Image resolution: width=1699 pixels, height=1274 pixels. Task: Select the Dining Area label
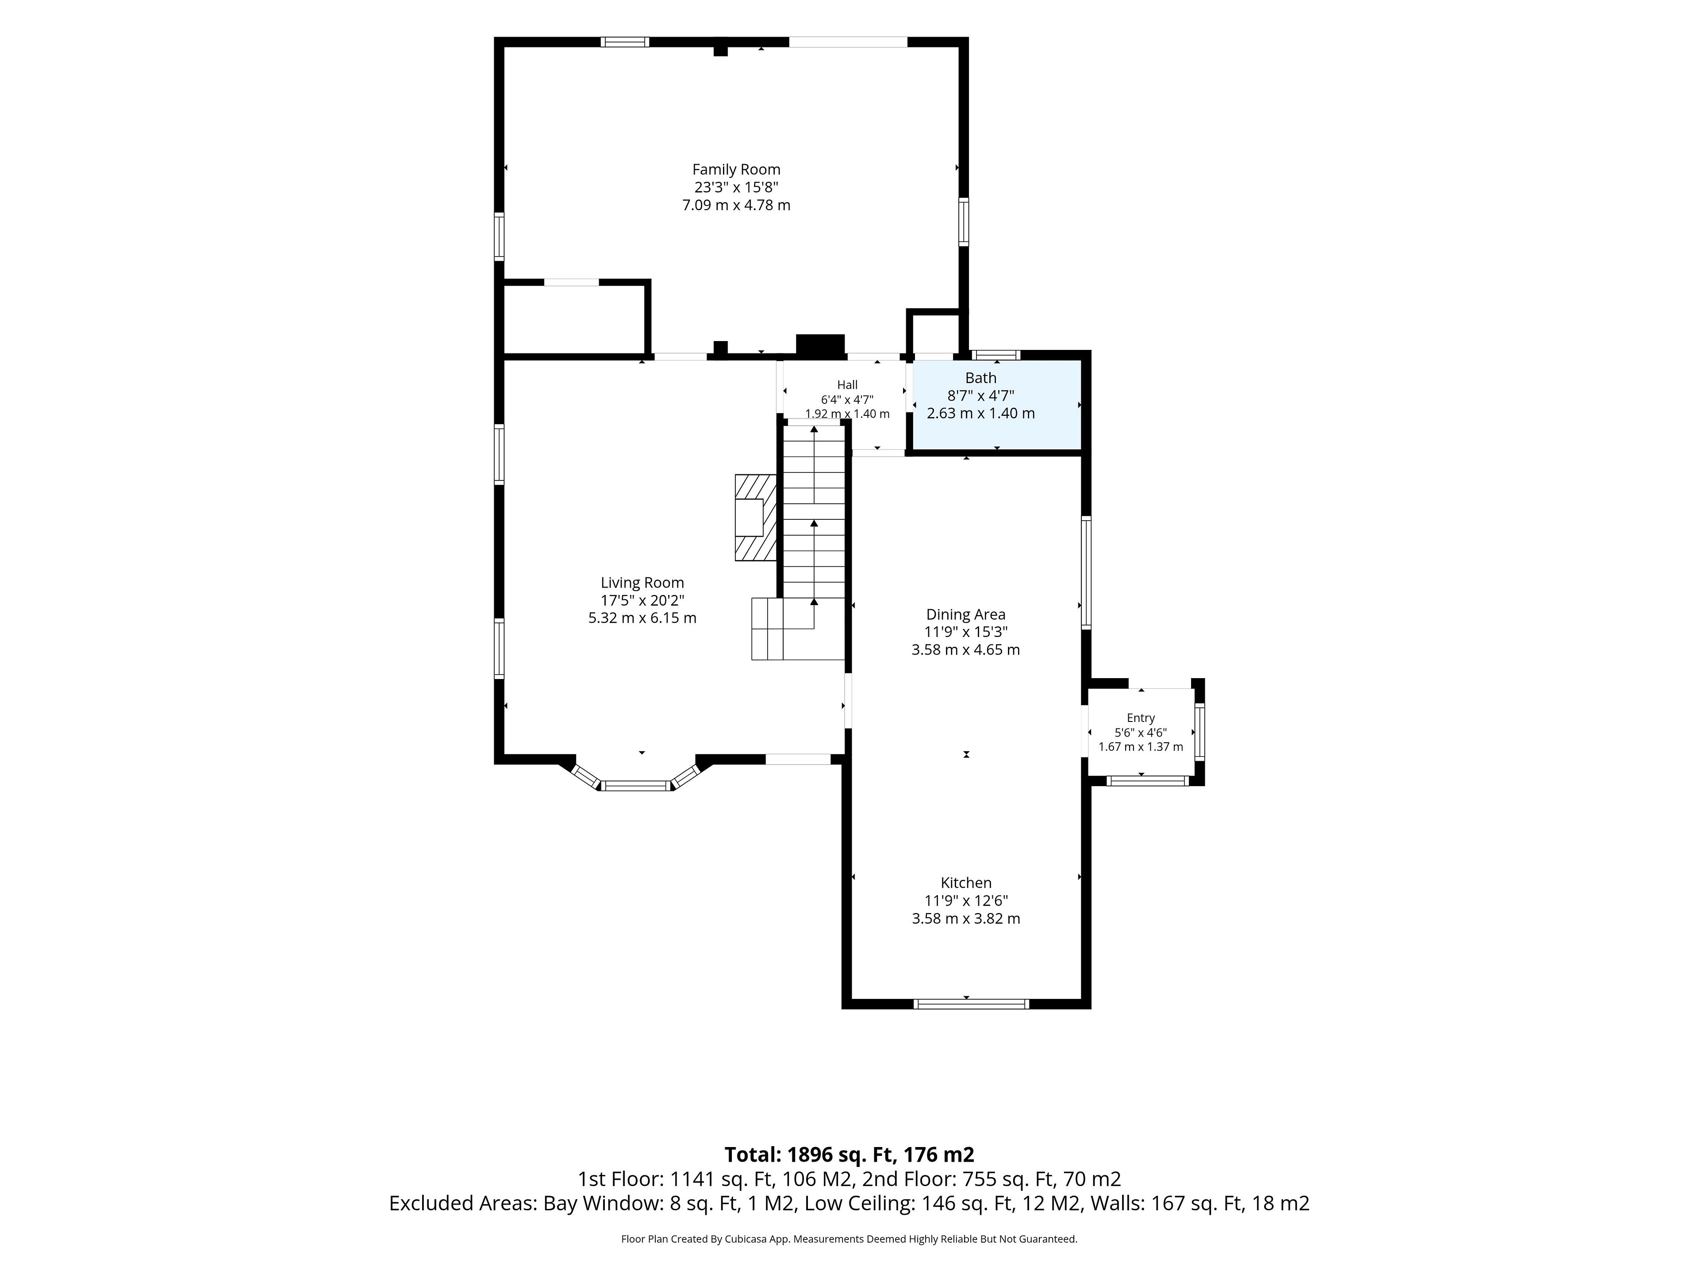click(965, 614)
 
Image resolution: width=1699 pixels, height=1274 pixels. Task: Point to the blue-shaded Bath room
click(996, 406)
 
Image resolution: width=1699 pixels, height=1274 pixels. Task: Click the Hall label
click(847, 385)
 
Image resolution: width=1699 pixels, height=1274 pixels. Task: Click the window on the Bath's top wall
click(996, 355)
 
